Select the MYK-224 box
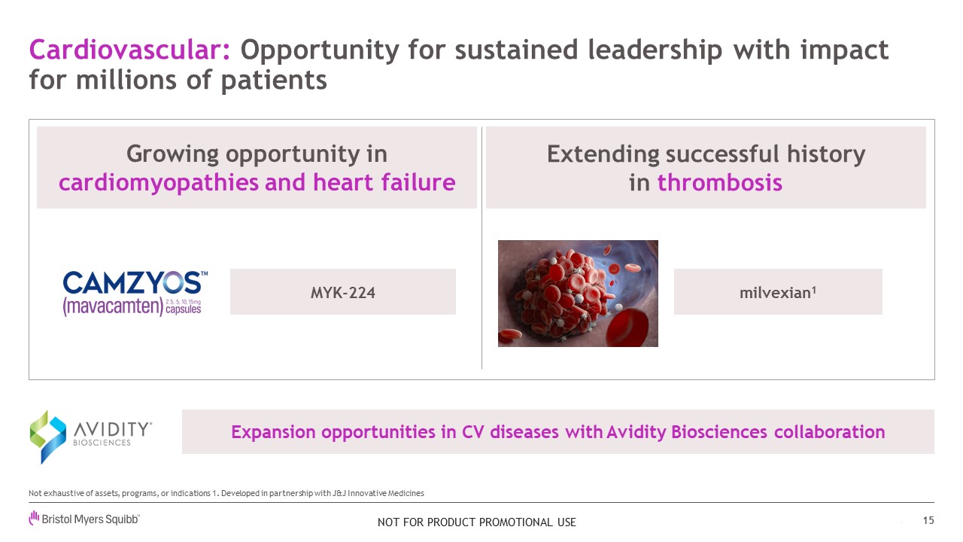tap(342, 291)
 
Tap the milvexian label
tap(778, 293)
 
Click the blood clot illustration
tap(578, 294)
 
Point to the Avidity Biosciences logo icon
tap(47, 437)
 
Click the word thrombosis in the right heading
tap(720, 182)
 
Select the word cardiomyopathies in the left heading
tap(159, 183)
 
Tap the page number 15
tap(928, 520)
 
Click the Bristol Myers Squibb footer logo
tap(84, 519)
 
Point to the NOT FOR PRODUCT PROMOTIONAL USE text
tap(477, 522)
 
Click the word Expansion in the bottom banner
tap(273, 432)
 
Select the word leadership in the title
tap(655, 50)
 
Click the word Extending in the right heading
tap(603, 155)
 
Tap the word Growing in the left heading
tap(172, 155)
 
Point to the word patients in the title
tap(274, 80)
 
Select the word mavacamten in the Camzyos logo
tap(113, 306)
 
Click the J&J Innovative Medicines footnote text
tap(378, 493)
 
